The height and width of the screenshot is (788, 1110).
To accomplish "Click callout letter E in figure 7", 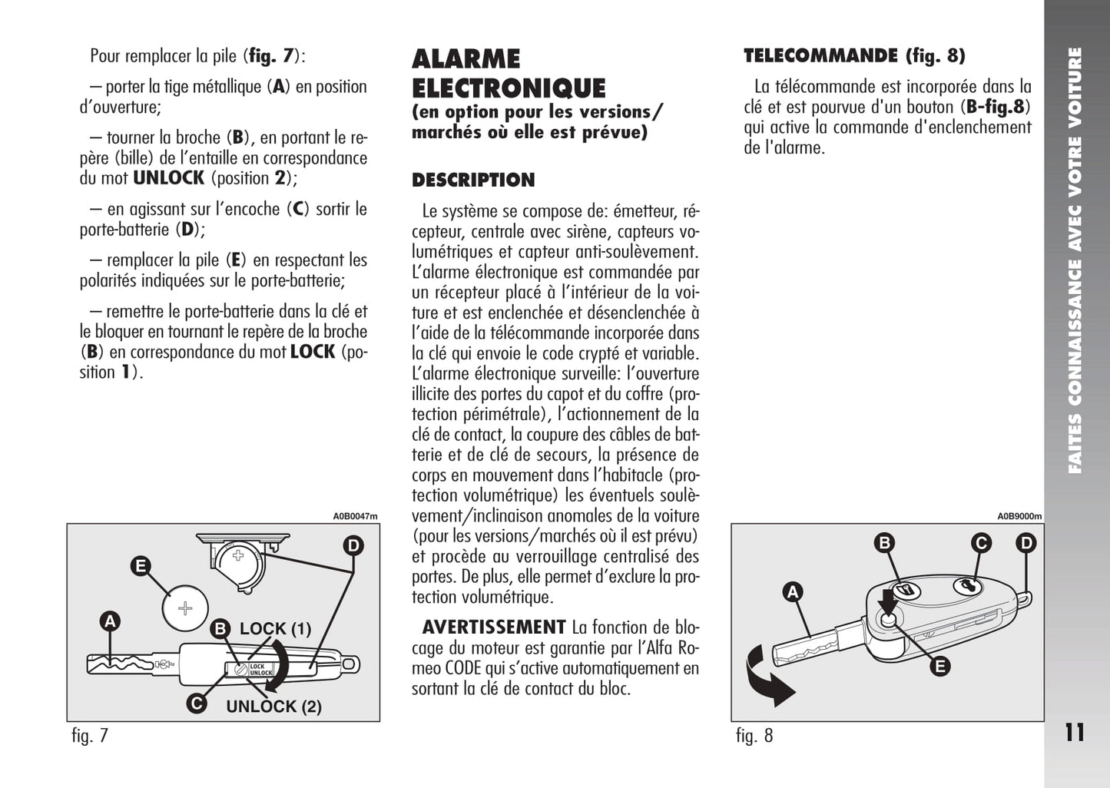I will [x=140, y=567].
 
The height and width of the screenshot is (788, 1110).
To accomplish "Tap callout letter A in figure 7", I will [x=111, y=621].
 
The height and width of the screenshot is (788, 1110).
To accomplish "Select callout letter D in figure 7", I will [x=353, y=546].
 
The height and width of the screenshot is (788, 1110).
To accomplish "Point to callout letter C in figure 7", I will [x=197, y=703].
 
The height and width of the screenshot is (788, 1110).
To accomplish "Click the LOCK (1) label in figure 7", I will [x=275, y=629].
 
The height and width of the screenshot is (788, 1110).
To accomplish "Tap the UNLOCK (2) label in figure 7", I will [x=273, y=707].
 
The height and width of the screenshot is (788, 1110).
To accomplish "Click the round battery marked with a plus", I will [x=185, y=609].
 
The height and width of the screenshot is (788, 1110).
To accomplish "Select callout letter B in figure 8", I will [x=885, y=544].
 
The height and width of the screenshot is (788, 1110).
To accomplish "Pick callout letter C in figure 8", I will [x=981, y=544].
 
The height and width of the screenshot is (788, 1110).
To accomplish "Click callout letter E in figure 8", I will [x=939, y=667].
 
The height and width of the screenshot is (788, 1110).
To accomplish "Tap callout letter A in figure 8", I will [x=792, y=591].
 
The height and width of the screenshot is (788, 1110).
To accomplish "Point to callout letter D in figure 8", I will [x=1026, y=544].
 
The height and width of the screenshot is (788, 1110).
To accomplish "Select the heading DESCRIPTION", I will [x=473, y=180].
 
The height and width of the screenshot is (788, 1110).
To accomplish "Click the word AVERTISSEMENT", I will [x=494, y=627].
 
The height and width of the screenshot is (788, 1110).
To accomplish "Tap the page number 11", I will [x=1075, y=733].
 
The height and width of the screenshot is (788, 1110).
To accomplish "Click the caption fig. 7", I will [x=90, y=736].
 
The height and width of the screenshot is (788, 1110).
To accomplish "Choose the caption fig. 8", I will [x=754, y=736].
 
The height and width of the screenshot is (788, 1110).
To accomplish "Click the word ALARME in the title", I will [x=466, y=59].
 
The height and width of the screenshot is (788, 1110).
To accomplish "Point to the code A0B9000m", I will [x=1019, y=516].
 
